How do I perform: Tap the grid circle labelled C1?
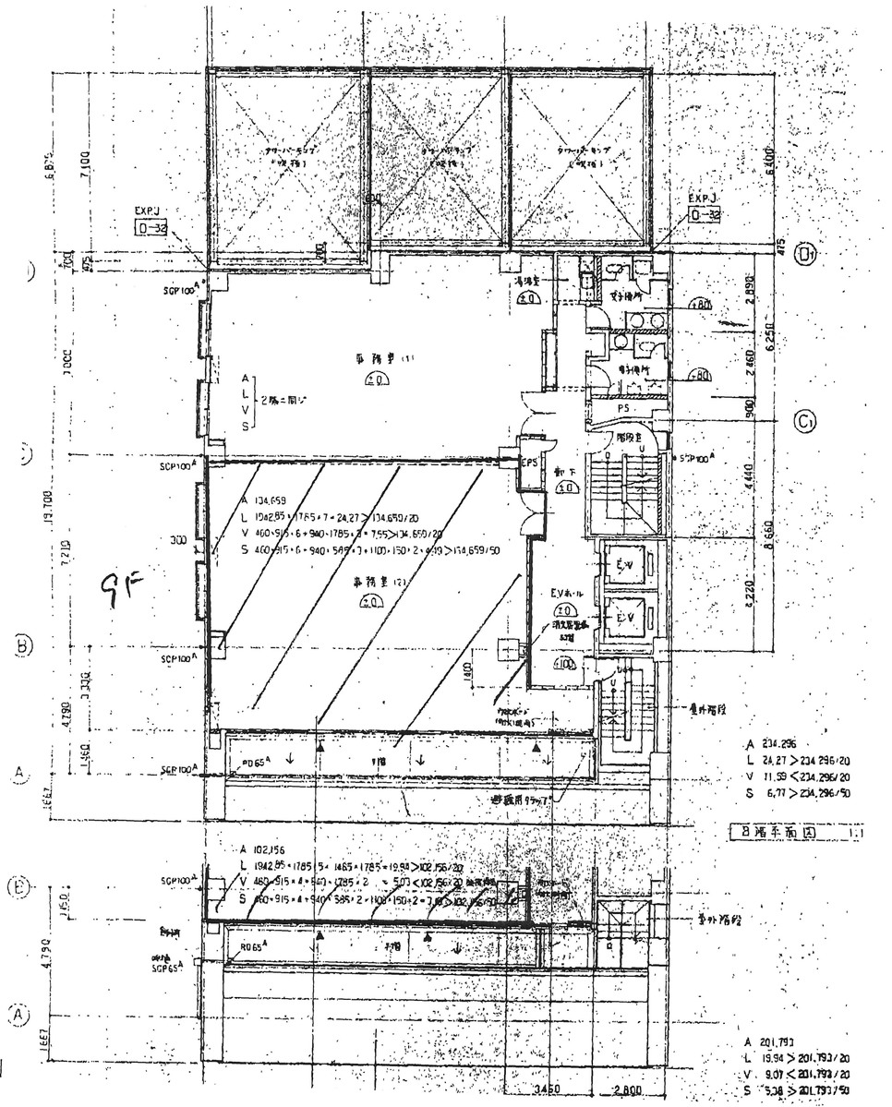(805, 422)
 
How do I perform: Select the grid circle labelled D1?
(808, 253)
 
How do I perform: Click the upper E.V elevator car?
(627, 564)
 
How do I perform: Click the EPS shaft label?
(530, 461)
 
